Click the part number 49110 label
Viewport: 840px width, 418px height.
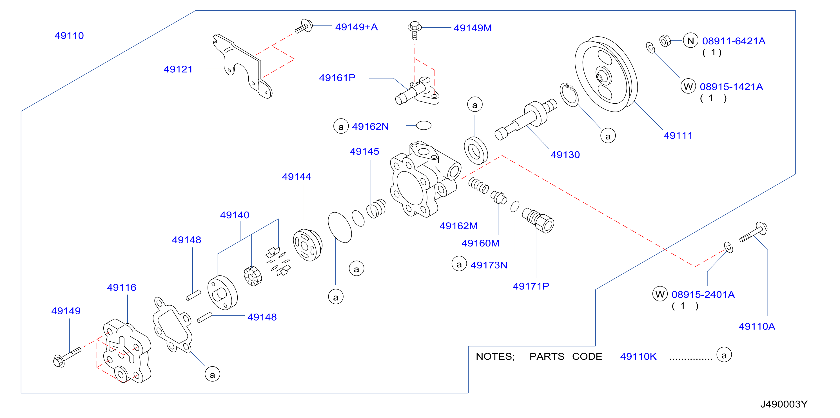tap(69, 35)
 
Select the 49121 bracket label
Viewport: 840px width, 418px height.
tap(178, 69)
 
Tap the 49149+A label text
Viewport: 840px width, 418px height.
tap(357, 27)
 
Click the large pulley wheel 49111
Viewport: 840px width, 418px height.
tap(606, 74)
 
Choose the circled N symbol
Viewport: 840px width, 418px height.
tap(690, 41)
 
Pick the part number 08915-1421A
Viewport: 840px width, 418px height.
tap(731, 87)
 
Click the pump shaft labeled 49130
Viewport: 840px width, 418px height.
tap(526, 119)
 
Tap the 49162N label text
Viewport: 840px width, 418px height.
tap(370, 126)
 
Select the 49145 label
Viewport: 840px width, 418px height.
tap(365, 151)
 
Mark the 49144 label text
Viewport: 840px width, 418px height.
tap(297, 177)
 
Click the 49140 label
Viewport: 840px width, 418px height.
tap(235, 215)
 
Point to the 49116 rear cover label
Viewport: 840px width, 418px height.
tap(122, 288)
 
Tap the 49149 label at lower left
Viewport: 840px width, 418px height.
tap(66, 311)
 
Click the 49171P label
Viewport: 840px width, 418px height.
tap(531, 286)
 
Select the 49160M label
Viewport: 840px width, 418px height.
tap(480, 243)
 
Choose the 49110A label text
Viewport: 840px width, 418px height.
tap(757, 326)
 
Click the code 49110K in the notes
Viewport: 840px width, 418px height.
tap(638, 357)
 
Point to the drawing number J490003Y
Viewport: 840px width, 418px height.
tap(784, 404)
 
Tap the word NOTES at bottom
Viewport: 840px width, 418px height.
tap(495, 357)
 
